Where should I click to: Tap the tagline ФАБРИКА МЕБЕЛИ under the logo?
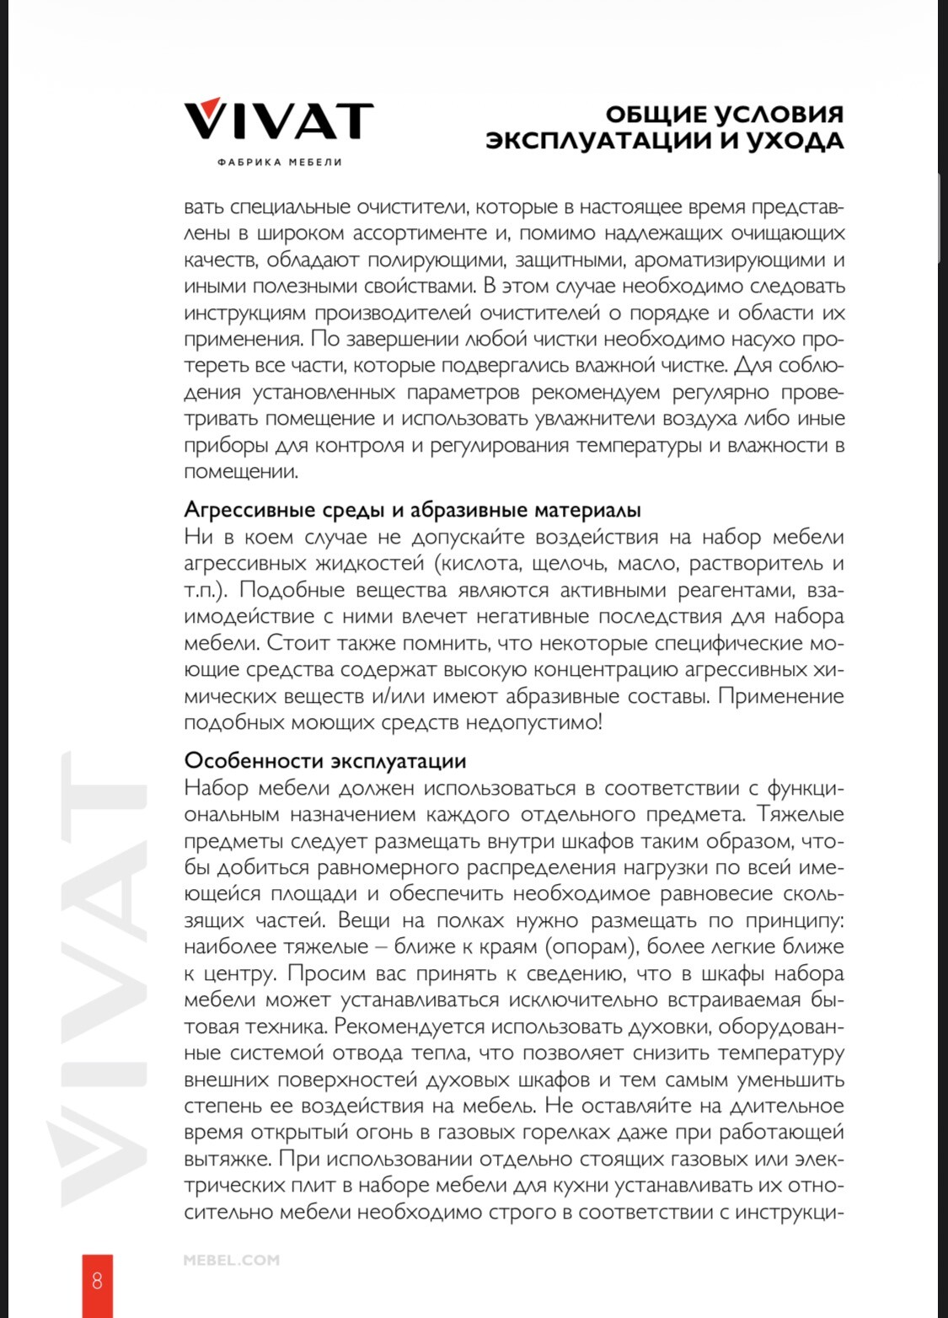tap(279, 162)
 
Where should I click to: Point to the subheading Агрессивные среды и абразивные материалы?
tap(412, 510)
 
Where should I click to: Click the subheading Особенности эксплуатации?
tap(324, 760)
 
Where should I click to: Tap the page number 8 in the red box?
tap(97, 1281)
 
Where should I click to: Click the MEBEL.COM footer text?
tap(231, 1261)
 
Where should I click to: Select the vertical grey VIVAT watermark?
tap(105, 978)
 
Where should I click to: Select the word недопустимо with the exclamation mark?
tap(534, 722)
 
